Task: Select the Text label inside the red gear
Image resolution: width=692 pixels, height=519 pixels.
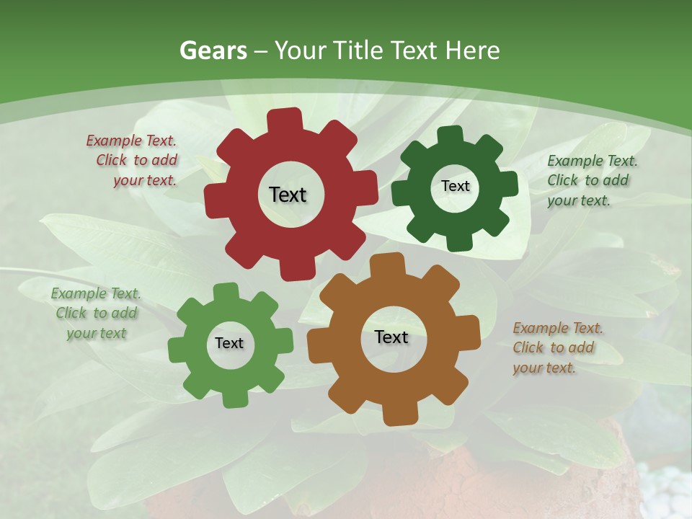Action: click(288, 195)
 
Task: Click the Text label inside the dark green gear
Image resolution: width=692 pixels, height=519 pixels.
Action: click(455, 186)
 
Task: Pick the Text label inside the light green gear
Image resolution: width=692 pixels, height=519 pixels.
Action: click(229, 343)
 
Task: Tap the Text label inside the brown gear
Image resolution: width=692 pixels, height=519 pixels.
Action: click(391, 337)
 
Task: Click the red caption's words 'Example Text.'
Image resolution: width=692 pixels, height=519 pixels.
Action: click(131, 141)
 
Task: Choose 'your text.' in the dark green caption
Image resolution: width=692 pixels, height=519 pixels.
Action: click(578, 200)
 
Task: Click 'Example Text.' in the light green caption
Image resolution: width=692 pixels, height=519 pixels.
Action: click(96, 293)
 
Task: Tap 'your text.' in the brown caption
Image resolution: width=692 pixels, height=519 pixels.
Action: click(544, 368)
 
